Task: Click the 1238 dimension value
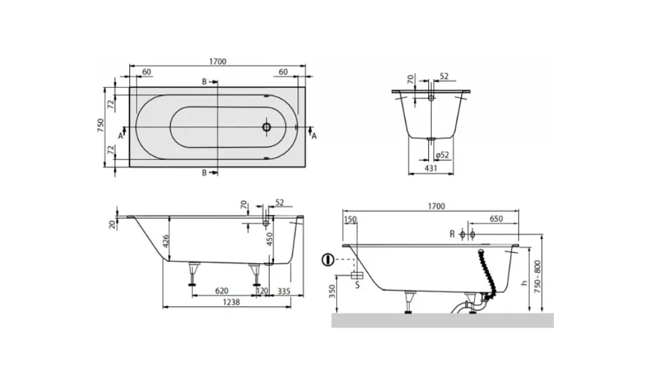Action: (232, 303)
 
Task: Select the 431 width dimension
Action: (431, 168)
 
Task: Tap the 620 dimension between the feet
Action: (222, 291)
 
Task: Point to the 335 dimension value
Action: (284, 291)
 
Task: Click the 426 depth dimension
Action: (165, 241)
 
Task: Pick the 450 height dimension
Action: (270, 239)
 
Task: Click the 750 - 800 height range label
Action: (538, 278)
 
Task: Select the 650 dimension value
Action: (496, 219)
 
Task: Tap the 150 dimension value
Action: (350, 219)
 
